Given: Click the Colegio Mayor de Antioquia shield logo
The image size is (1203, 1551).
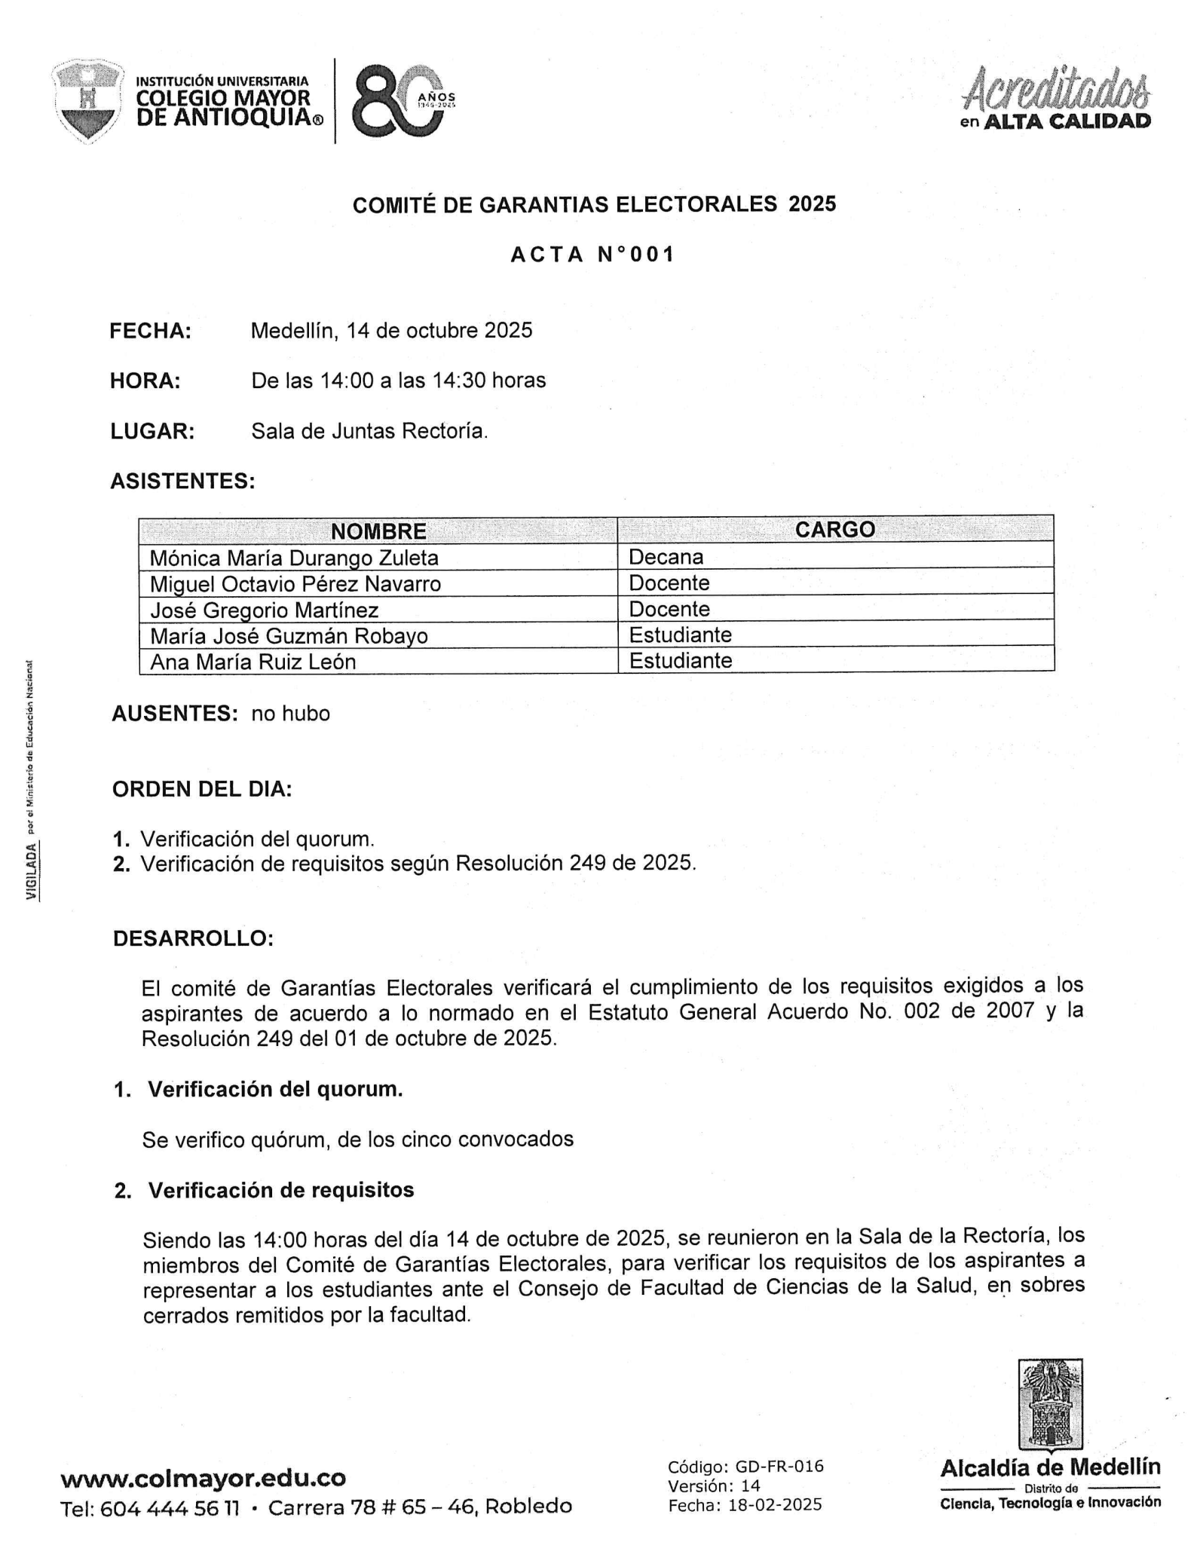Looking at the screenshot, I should [x=88, y=101].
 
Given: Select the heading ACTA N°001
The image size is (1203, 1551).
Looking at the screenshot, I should [x=592, y=255].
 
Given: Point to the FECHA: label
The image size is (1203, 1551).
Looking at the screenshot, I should [x=151, y=331].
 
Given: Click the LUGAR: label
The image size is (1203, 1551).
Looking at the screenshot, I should [x=153, y=432].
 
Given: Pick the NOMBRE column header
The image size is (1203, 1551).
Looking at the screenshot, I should [x=378, y=531].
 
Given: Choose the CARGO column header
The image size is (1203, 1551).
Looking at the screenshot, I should [x=835, y=530].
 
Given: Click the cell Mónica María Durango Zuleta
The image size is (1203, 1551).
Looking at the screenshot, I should [x=294, y=558].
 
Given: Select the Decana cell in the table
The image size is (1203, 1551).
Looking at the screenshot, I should [x=666, y=558].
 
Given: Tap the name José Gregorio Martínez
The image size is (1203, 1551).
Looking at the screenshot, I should [x=265, y=610].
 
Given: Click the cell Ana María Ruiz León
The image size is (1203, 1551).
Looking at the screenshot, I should [x=253, y=662].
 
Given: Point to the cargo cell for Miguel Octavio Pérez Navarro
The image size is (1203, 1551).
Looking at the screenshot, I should [x=669, y=583].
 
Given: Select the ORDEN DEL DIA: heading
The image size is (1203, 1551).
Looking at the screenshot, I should [x=202, y=789].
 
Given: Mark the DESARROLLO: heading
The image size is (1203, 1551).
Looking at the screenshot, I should [x=193, y=939].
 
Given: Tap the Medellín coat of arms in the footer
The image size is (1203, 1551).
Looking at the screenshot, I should [x=1050, y=1405].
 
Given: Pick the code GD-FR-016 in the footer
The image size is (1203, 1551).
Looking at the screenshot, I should [x=779, y=1467].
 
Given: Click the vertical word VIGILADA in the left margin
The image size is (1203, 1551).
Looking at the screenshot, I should [x=32, y=870].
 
